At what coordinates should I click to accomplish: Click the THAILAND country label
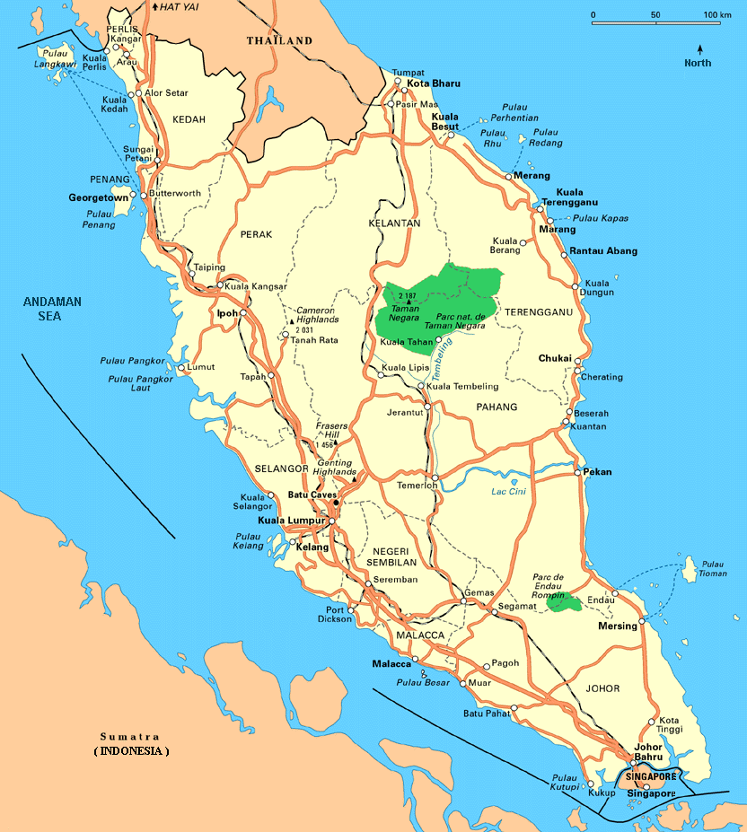pyautogui.click(x=279, y=40)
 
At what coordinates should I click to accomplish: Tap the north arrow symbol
pyautogui.click(x=699, y=49)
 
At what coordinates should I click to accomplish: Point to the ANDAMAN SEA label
pyautogui.click(x=52, y=309)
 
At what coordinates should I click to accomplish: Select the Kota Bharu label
pyautogui.click(x=434, y=83)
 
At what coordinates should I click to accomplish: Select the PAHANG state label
pyautogui.click(x=498, y=407)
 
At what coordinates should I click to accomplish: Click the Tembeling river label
pyautogui.click(x=440, y=369)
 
